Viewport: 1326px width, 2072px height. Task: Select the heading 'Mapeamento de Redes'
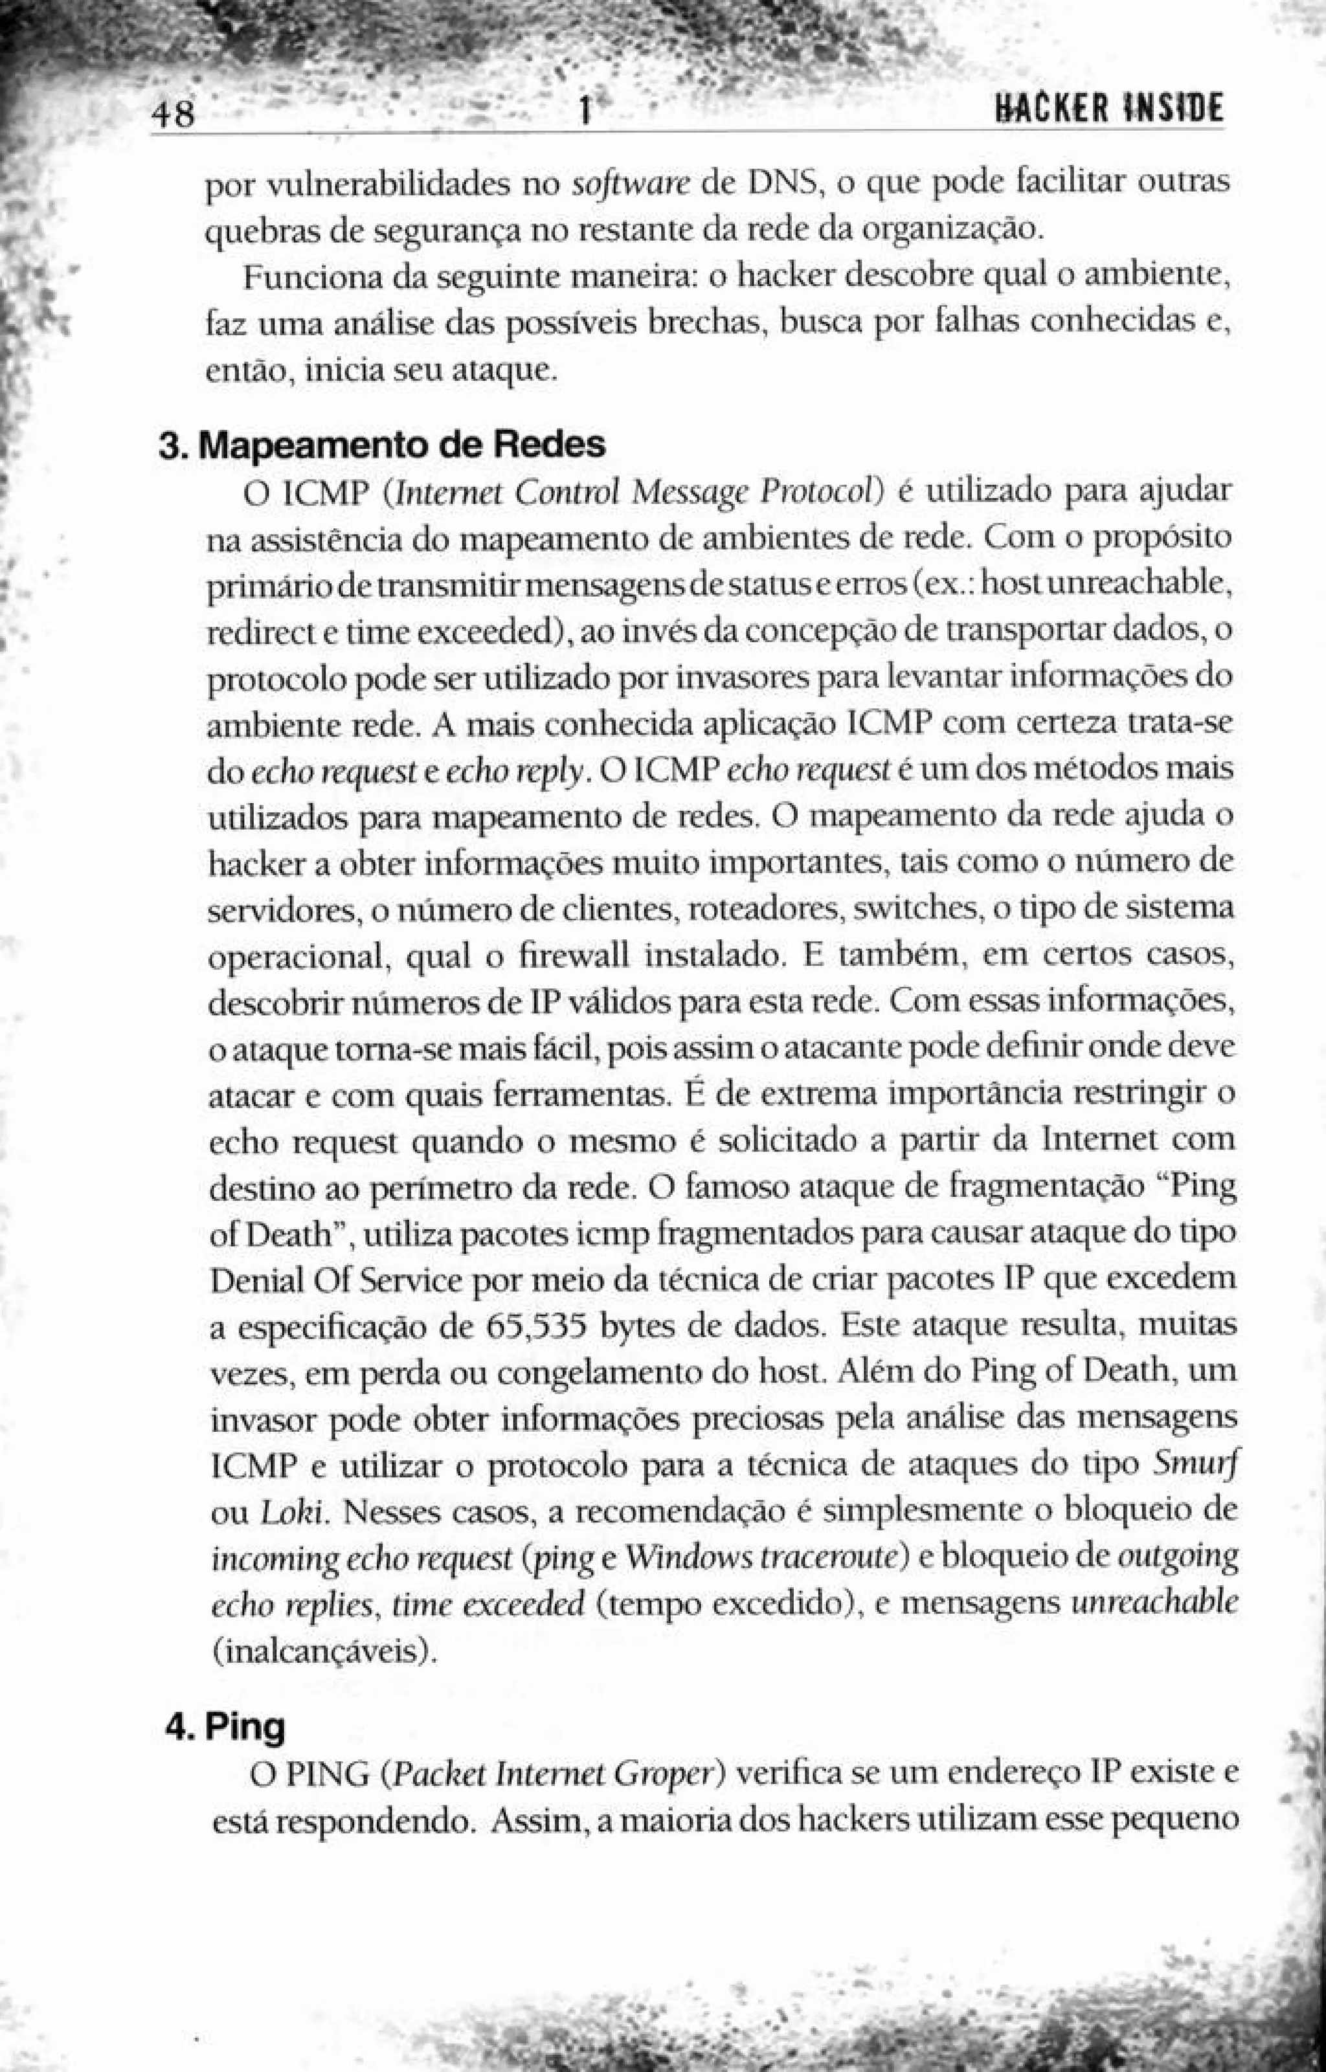pos(405,445)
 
